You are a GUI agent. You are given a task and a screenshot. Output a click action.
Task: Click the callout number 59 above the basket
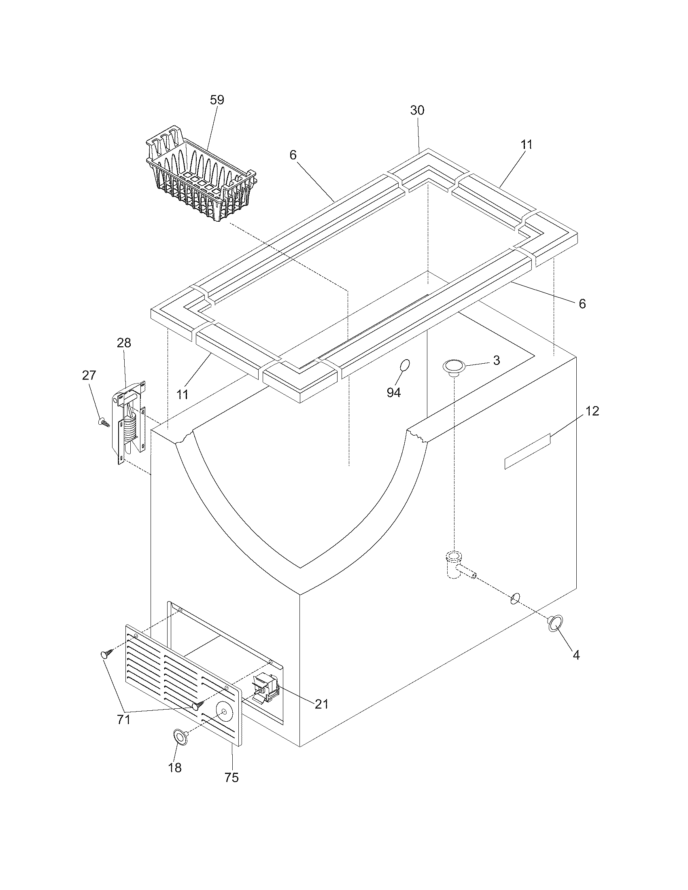pyautogui.click(x=217, y=100)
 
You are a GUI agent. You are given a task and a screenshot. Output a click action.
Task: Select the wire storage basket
pyautogui.click(x=200, y=179)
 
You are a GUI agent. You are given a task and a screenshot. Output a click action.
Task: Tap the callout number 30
pyautogui.click(x=417, y=110)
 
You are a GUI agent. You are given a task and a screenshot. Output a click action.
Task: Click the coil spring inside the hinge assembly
pyautogui.click(x=130, y=428)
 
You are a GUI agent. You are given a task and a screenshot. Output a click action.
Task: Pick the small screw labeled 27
pyautogui.click(x=104, y=423)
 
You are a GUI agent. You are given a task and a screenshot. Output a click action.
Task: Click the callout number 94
pyautogui.click(x=393, y=392)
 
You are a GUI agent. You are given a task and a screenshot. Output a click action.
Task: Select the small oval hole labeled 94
pyautogui.click(x=405, y=366)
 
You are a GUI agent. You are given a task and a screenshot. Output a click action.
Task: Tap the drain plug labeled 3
pyautogui.click(x=454, y=366)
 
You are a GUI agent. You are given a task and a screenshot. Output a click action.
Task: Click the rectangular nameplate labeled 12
pyautogui.click(x=527, y=451)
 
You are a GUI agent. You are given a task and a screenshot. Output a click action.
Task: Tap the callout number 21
pyautogui.click(x=322, y=704)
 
